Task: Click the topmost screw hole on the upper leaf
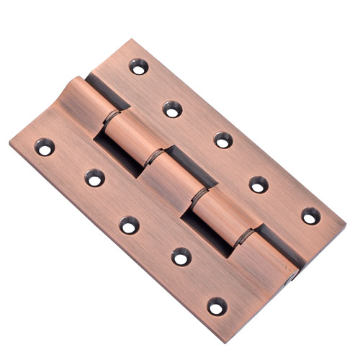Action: tap(138, 66)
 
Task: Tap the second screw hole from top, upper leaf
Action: tap(172, 109)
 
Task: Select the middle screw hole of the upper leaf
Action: tap(223, 140)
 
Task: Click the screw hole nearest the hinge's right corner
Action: tap(310, 215)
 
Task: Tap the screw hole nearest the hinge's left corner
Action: tap(45, 147)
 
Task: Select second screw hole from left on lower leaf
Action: tap(94, 177)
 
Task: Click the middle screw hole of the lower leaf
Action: tap(130, 225)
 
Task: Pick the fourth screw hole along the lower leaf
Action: tap(181, 256)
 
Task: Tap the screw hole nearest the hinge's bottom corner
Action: tap(217, 306)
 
